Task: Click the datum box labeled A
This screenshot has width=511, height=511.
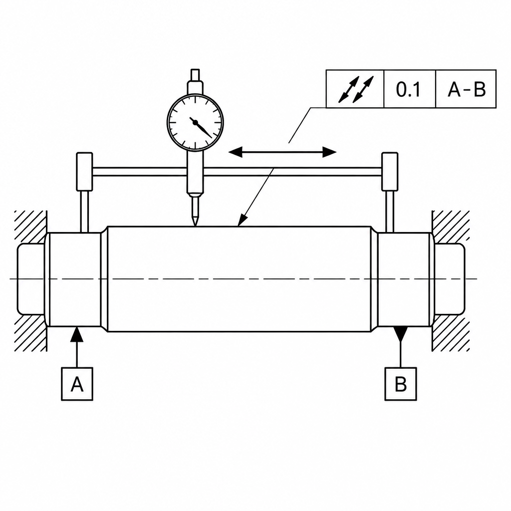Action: tap(77, 384)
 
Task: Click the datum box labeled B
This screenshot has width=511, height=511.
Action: tap(401, 384)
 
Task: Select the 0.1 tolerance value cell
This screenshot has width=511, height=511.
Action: tap(410, 89)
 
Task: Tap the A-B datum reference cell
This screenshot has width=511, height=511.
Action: tap(466, 89)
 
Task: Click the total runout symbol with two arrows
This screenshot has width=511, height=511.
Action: tap(355, 89)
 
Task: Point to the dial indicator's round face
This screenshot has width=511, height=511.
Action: tap(195, 123)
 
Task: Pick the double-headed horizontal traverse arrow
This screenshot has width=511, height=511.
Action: tap(282, 152)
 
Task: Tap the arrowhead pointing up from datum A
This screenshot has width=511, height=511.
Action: tap(77, 334)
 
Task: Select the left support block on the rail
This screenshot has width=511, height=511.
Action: tap(84, 172)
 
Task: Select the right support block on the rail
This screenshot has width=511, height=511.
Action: tap(390, 172)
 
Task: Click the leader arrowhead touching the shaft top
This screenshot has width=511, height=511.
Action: tap(242, 220)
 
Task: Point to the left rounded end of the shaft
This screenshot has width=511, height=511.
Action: tap(30, 279)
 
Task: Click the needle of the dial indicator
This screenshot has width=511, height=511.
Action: tap(202, 127)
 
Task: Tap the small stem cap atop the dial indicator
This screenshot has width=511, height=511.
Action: tap(195, 74)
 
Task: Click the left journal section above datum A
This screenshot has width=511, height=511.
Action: tap(75, 279)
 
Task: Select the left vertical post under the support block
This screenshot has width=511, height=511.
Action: tap(84, 212)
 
